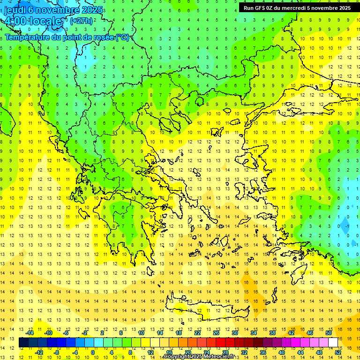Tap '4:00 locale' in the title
click(x=32, y=21)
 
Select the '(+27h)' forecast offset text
click(x=81, y=21)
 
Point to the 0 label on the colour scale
click(x=92, y=352)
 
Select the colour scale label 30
click(x=234, y=333)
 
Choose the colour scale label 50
click(x=329, y=333)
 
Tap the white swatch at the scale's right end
click(x=333, y=342)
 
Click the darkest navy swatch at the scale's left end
click(x=24, y=342)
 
